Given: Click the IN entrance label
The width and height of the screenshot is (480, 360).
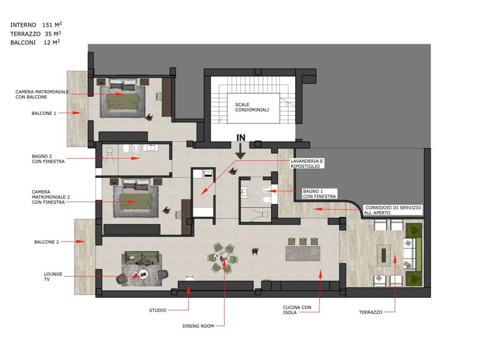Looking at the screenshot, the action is [241, 138].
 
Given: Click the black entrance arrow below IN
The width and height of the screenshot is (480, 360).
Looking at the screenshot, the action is [240, 151].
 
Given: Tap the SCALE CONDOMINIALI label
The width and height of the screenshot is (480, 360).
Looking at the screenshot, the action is [252, 107].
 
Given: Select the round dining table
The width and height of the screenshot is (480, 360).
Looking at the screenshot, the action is [224, 257].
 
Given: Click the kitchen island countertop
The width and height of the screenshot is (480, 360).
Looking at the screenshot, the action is [303, 253].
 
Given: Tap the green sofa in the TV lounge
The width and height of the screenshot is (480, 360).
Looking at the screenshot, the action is [142, 258].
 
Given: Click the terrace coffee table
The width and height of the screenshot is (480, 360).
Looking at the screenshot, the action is [383, 255].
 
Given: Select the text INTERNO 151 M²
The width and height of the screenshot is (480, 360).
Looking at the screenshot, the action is [36, 25].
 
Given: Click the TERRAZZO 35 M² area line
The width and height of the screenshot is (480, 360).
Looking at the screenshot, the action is [36, 34].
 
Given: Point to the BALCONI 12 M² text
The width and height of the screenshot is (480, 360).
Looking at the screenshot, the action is [35, 43].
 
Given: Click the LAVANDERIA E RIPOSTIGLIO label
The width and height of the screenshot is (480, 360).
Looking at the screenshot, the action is [307, 164].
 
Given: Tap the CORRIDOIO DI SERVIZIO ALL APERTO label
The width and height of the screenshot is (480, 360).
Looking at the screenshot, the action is [393, 210].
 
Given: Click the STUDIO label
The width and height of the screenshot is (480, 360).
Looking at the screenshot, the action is [157, 310].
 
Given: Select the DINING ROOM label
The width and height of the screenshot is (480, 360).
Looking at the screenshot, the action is [198, 326].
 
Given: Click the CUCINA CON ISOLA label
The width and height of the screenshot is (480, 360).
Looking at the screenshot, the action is [297, 310].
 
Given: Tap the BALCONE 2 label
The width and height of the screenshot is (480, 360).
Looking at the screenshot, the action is [46, 242].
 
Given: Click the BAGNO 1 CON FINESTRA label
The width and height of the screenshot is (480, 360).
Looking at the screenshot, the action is [319, 194].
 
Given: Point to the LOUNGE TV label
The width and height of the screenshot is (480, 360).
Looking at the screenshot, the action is [52, 277].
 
